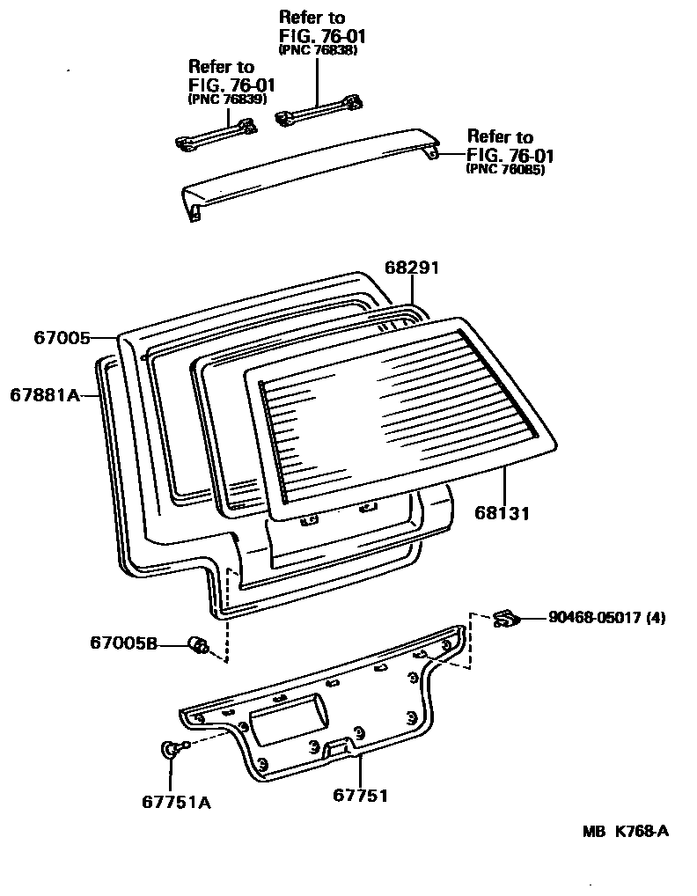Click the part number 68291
411,268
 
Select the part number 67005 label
61,336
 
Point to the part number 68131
501,512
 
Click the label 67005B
123,644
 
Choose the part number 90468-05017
595,618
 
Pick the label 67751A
176,802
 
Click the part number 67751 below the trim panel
360,796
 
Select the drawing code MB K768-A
624,831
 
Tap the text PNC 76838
317,50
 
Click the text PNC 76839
227,99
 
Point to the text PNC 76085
505,169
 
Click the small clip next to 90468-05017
507,618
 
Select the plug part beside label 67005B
199,646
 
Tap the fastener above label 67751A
170,749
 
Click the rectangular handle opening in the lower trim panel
286,710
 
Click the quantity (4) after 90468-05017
656,618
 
